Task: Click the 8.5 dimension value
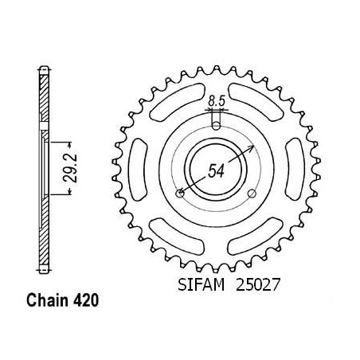pyautogui.click(x=217, y=101)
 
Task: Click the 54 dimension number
pyautogui.click(x=216, y=170)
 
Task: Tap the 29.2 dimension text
pyautogui.click(x=70, y=168)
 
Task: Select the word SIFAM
pyautogui.click(x=202, y=285)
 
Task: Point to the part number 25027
pyautogui.click(x=258, y=285)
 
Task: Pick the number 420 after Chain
pyautogui.click(x=86, y=300)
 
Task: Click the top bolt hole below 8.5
pyautogui.click(x=217, y=126)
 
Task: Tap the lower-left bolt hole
pyautogui.click(x=180, y=194)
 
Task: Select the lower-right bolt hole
pyautogui.click(x=252, y=194)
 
